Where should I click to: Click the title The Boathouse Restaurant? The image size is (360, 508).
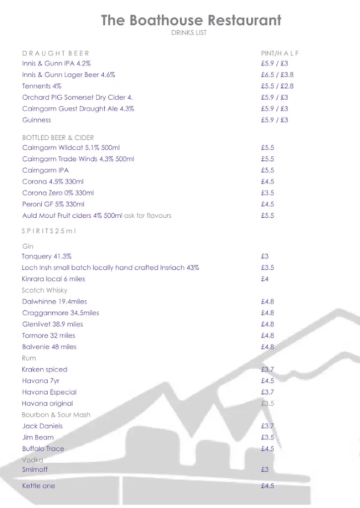[x=191, y=20]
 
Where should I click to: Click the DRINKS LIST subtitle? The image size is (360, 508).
[x=189, y=33]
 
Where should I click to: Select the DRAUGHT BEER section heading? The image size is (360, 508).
[x=56, y=53]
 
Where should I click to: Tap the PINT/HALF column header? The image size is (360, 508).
[x=280, y=53]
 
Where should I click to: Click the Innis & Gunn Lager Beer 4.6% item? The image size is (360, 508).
[x=69, y=75]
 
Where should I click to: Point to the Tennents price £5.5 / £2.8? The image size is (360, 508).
[x=277, y=86]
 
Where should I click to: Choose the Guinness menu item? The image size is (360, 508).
[x=36, y=120]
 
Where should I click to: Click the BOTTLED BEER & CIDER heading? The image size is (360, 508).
[x=58, y=137]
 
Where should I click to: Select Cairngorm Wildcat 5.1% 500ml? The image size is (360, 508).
[x=71, y=148]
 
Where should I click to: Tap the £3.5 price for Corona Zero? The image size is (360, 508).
[x=267, y=193]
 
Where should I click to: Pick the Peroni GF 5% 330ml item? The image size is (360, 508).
[x=53, y=204]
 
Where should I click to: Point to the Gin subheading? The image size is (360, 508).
[x=28, y=246]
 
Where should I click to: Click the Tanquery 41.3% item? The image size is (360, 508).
[x=47, y=256]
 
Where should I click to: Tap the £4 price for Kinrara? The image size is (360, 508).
[x=265, y=279]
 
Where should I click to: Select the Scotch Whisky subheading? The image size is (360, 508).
[x=45, y=290]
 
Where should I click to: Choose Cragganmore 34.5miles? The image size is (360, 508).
[x=61, y=313]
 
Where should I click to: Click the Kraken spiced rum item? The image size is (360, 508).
[x=45, y=370]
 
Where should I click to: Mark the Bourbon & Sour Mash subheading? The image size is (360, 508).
[x=56, y=415]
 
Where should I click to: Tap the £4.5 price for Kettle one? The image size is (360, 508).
[x=267, y=486]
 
